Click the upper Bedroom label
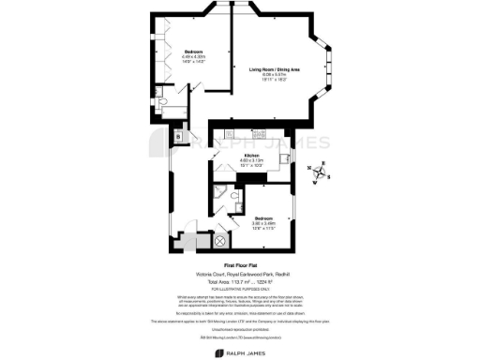[x=194, y=51]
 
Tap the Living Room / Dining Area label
[x=275, y=69]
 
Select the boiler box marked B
[x=179, y=137]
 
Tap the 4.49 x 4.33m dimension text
[x=194, y=56]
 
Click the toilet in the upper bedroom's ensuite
[x=163, y=101]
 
